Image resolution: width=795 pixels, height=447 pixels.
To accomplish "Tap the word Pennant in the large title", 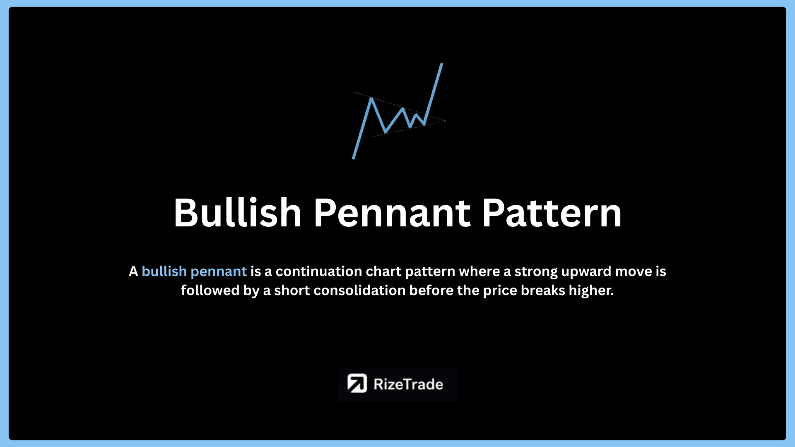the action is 392,213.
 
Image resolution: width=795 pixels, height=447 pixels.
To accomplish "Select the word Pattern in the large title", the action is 552,213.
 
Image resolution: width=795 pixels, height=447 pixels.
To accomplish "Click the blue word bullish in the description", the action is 164,272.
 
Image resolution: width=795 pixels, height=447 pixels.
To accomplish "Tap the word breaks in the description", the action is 543,291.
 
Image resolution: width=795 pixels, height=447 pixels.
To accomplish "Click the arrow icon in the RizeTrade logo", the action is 357,383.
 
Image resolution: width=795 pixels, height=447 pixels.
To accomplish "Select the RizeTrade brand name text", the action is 408,385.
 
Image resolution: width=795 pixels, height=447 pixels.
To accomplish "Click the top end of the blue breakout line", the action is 442,64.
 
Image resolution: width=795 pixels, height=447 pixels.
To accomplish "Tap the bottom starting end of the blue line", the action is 353,158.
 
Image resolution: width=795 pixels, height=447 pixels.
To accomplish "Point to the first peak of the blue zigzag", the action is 371,99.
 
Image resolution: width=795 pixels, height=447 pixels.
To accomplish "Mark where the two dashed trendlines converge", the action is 445,121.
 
